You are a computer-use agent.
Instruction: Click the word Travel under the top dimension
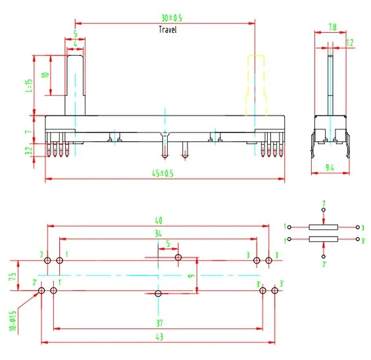[x=168, y=30]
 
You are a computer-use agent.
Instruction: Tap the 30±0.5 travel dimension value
[x=172, y=18]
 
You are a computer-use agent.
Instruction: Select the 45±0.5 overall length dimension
[x=162, y=173]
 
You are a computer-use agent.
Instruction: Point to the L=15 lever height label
[x=29, y=85]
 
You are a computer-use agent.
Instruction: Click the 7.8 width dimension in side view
[x=332, y=28]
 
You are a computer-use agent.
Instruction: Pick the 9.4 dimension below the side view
[x=330, y=168]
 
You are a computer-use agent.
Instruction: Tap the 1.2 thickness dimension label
[x=350, y=43]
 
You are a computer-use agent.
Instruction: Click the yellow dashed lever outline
[x=255, y=85]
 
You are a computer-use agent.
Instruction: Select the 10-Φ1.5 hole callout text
[x=13, y=321]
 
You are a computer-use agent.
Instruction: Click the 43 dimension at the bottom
[x=159, y=337]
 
